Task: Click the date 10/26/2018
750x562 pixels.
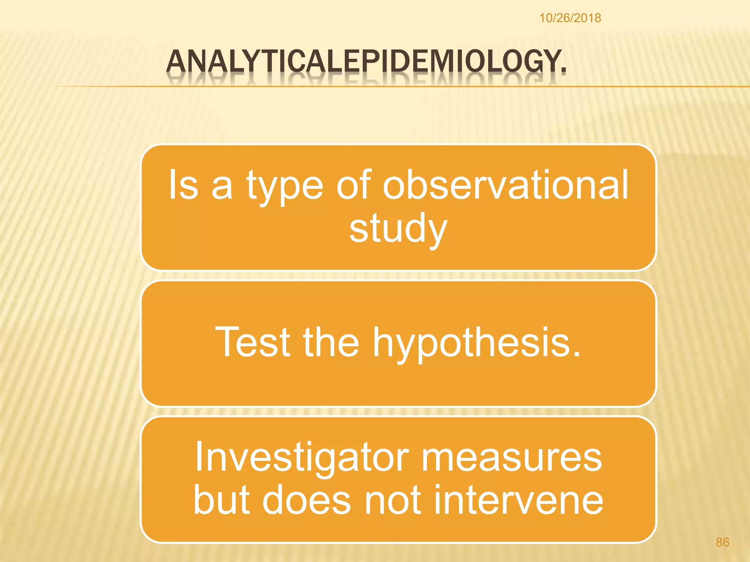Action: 570,18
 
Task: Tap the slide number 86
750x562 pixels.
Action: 722,542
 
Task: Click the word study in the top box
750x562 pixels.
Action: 398,228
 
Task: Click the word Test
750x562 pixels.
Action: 252,342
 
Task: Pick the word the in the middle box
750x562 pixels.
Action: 331,342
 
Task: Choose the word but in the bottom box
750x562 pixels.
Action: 222,500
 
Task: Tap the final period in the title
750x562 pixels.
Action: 563,70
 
